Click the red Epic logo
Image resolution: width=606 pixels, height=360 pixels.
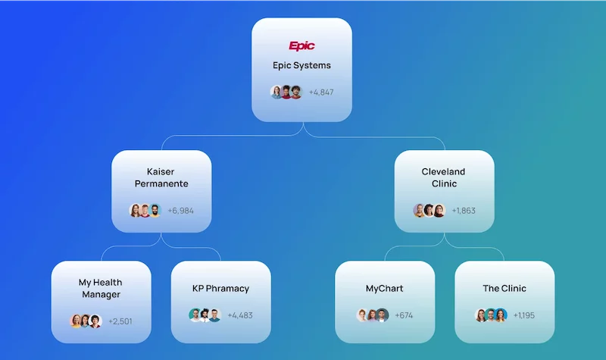pos(301,46)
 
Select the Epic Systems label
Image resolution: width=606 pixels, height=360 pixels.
pos(301,65)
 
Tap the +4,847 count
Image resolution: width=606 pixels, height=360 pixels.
pos(321,92)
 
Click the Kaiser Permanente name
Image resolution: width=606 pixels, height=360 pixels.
pos(161,177)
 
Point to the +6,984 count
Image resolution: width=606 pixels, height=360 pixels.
pos(180,211)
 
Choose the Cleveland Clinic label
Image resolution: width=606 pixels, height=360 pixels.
pos(444,177)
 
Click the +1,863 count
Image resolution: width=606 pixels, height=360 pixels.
pos(464,211)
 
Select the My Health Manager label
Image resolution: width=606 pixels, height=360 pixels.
pos(101,289)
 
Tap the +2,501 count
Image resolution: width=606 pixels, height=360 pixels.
pos(120,321)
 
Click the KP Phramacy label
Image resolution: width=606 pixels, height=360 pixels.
pos(220,289)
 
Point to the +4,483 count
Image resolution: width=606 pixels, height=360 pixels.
pos(240,315)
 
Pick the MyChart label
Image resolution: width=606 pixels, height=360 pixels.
pos(385,289)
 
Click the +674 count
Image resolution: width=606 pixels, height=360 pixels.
pos(404,315)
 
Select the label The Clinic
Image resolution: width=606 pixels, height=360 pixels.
pos(504,289)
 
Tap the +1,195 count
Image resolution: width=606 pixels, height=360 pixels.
pos(523,315)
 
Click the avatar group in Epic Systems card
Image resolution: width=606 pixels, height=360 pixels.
pos(286,92)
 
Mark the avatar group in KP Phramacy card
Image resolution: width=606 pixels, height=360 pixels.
pos(205,315)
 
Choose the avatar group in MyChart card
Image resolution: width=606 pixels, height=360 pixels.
pos(373,315)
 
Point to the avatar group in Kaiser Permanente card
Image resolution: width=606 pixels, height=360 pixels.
pos(145,211)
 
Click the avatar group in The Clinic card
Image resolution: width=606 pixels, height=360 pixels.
pos(491,315)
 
